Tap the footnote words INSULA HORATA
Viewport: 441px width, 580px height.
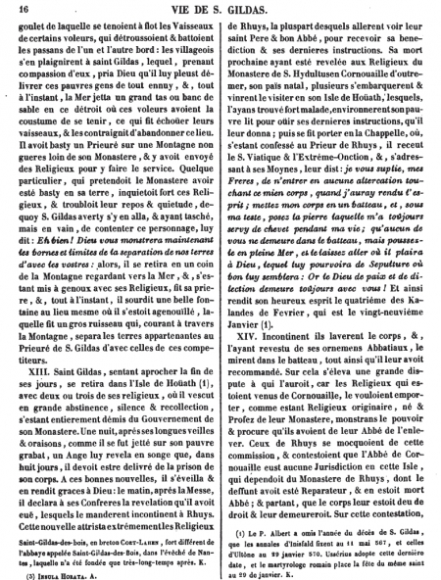coord(74,564)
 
